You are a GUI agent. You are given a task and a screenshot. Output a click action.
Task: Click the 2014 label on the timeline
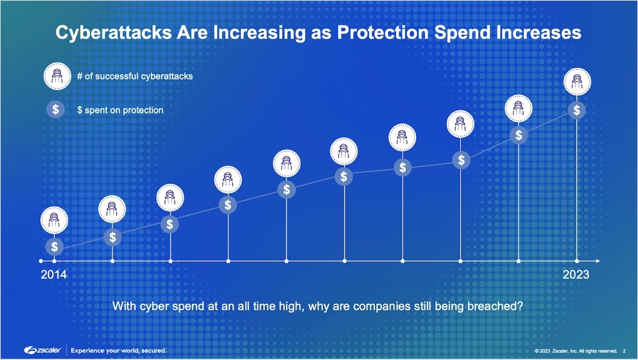tap(54, 274)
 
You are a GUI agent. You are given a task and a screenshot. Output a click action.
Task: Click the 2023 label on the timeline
tap(576, 274)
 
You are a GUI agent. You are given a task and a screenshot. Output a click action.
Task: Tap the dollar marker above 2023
tap(576, 110)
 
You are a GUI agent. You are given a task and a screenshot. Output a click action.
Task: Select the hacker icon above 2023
tap(577, 82)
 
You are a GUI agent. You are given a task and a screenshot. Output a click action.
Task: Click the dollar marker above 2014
tap(54, 247)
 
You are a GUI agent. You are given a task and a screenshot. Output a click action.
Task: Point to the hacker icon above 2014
tap(54, 220)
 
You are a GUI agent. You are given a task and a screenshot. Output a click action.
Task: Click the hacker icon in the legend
tap(57, 76)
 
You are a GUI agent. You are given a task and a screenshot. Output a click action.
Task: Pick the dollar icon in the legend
tap(55, 110)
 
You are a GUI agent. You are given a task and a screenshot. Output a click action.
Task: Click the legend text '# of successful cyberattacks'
tap(135, 76)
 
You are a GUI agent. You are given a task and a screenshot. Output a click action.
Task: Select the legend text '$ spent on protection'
tap(120, 110)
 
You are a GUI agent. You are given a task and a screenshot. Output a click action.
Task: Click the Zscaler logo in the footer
tap(43, 350)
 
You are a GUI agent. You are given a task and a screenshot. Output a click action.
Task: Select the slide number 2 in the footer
tap(624, 351)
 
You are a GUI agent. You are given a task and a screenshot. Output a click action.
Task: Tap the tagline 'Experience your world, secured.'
tap(119, 350)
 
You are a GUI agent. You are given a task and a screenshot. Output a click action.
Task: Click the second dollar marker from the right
tap(518, 135)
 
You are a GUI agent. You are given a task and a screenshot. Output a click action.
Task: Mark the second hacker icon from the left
tap(112, 209)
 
